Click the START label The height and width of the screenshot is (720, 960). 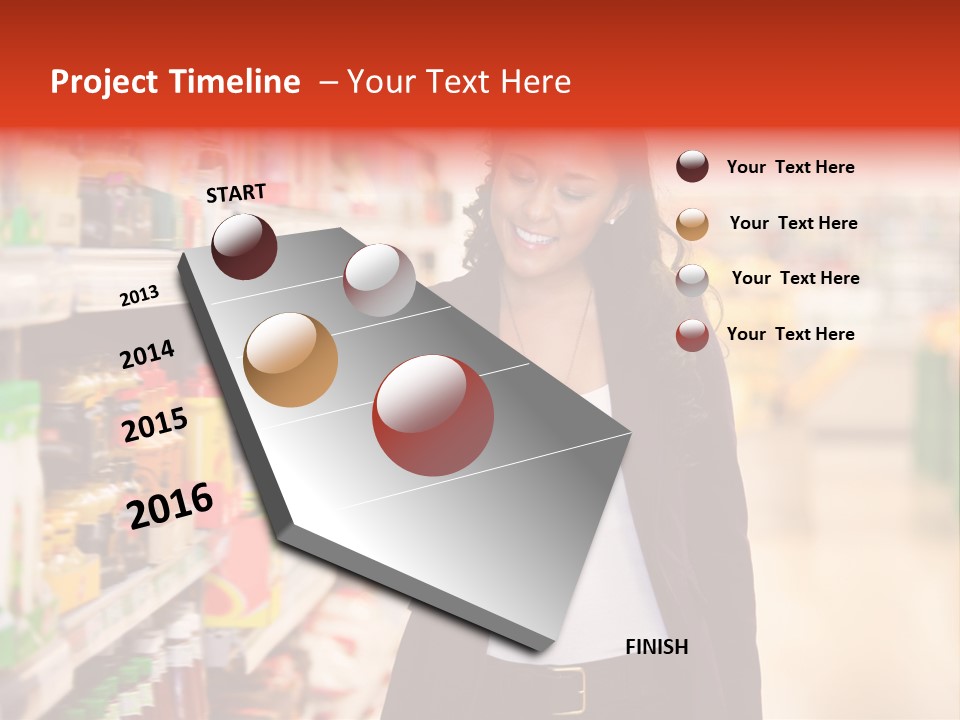236,193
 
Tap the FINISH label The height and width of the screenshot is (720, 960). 657,647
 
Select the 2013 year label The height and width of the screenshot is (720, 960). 139,296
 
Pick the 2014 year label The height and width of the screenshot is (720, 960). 147,355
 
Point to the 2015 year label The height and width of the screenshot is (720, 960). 155,425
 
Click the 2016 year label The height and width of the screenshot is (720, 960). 170,506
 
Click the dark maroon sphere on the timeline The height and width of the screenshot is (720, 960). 244,246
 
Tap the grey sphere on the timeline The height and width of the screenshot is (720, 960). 379,280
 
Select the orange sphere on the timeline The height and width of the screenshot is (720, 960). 291,360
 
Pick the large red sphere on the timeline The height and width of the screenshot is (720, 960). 432,415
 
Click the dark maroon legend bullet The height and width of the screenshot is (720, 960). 692,166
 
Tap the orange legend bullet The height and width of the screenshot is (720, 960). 692,223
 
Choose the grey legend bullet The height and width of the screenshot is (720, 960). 692,279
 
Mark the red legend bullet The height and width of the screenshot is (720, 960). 692,335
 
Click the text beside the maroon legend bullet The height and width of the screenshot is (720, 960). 790,167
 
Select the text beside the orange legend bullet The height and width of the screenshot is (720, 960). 793,223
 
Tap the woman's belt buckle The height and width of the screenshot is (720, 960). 569,690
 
